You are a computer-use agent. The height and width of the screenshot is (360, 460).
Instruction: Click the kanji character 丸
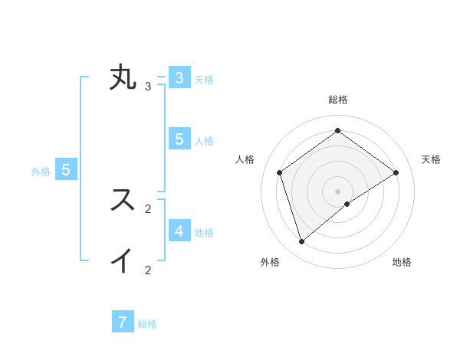click(123, 78)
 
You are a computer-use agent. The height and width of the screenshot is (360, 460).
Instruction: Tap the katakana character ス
click(123, 200)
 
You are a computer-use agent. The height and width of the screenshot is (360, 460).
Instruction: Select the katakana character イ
click(123, 260)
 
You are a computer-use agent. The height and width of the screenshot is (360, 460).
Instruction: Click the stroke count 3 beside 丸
click(148, 86)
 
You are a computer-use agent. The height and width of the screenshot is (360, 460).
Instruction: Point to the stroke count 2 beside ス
click(148, 208)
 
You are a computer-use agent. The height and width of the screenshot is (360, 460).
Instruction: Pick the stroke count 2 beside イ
click(148, 270)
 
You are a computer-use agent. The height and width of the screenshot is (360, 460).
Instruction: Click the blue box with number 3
click(179, 78)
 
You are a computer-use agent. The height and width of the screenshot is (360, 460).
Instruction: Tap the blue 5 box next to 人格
click(179, 139)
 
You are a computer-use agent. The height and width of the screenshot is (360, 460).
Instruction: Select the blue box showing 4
click(179, 231)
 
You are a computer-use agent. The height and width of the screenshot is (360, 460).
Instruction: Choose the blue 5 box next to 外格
click(66, 170)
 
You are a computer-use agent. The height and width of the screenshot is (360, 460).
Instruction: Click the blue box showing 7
click(123, 322)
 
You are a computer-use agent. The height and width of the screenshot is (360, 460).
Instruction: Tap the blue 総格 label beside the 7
click(147, 324)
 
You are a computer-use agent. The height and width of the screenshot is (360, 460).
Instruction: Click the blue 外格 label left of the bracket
click(41, 172)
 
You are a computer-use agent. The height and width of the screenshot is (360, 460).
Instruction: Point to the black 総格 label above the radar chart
click(337, 100)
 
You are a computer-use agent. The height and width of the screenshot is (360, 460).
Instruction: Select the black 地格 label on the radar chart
click(402, 263)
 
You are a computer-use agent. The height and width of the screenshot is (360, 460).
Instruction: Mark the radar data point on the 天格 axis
click(396, 172)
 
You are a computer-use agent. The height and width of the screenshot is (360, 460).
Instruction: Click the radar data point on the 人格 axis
click(280, 172)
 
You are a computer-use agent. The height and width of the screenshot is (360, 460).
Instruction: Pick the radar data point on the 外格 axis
click(302, 242)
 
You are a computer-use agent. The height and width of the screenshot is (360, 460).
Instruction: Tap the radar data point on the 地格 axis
click(347, 204)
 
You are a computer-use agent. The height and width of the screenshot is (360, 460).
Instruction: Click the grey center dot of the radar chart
click(337, 191)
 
